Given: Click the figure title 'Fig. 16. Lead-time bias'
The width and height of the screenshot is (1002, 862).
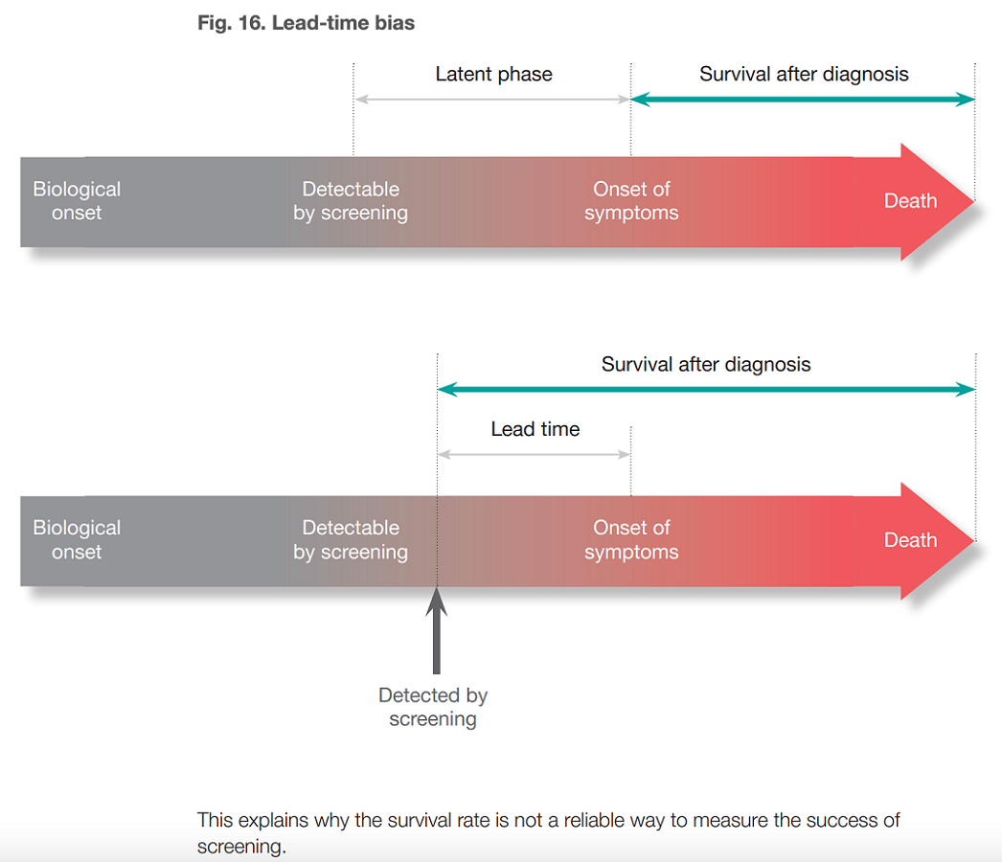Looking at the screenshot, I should pyautogui.click(x=306, y=23).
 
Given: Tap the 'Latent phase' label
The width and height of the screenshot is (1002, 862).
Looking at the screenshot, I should pyautogui.click(x=493, y=75).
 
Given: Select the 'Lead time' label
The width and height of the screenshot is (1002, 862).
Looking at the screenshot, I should pyautogui.click(x=535, y=429).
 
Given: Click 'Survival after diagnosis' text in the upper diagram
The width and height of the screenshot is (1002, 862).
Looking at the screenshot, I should pyautogui.click(x=804, y=75).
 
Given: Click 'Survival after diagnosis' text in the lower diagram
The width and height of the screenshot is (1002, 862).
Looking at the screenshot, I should pyautogui.click(x=706, y=364).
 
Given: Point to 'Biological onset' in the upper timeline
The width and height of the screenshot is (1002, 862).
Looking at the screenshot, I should pyautogui.click(x=77, y=201).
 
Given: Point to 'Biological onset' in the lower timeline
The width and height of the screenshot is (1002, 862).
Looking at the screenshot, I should pyautogui.click(x=77, y=540).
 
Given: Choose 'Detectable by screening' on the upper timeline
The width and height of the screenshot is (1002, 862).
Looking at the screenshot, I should pyautogui.click(x=351, y=201).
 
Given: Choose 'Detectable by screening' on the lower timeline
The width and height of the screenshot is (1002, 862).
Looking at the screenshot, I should pyautogui.click(x=351, y=540).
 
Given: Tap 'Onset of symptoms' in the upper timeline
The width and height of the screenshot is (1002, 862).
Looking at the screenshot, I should pyautogui.click(x=631, y=201).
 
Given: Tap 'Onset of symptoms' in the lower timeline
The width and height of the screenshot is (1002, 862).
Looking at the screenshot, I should pyautogui.click(x=631, y=540).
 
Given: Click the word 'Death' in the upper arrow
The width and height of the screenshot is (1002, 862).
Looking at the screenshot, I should pyautogui.click(x=910, y=201).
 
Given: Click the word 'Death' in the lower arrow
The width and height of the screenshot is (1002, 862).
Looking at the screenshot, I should pyautogui.click(x=910, y=540).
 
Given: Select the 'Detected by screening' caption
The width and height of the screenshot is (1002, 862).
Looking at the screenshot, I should pyautogui.click(x=433, y=708).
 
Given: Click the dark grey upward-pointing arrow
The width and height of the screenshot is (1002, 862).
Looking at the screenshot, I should pyautogui.click(x=437, y=632).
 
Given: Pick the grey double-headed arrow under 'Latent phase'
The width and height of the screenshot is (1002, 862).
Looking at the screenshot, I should pyautogui.click(x=492, y=99).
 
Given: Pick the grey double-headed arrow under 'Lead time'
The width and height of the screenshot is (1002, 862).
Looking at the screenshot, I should pyautogui.click(x=534, y=454).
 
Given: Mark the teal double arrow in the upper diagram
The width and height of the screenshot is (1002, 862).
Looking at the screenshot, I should pyautogui.click(x=803, y=99).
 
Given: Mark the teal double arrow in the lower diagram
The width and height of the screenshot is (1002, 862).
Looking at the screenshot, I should pyautogui.click(x=706, y=389).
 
